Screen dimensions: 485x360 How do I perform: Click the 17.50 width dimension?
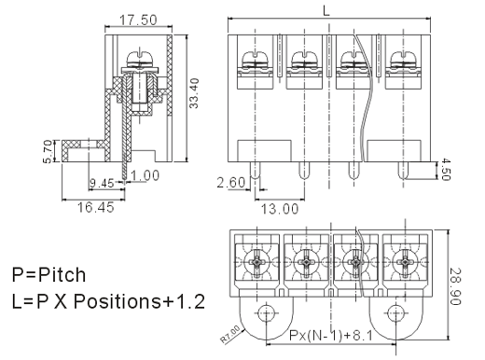138,20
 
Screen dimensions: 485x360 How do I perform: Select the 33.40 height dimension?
194,93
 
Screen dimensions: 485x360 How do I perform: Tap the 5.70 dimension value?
48,151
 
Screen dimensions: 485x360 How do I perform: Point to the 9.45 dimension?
102,183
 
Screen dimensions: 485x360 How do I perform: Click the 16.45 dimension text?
96,207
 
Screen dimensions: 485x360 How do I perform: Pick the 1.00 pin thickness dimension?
145,175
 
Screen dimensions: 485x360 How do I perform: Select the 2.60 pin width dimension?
231,183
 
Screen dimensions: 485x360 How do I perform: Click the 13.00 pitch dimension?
280,209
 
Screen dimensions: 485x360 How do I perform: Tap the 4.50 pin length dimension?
445,169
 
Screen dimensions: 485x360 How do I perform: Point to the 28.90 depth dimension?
455,286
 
